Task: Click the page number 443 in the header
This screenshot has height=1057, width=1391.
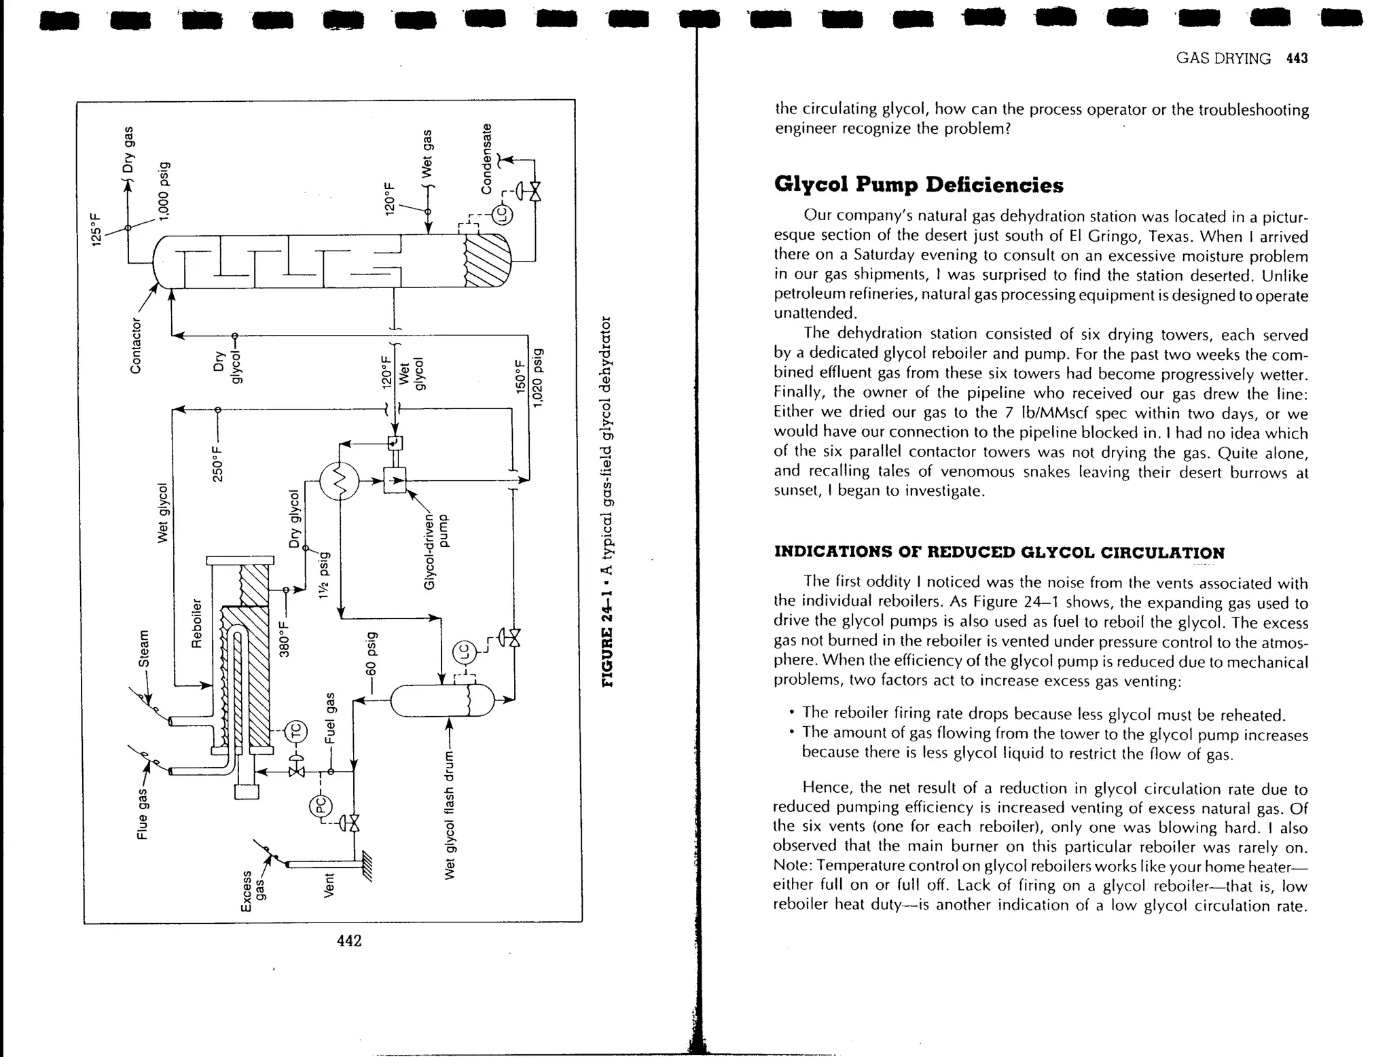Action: tap(1296, 58)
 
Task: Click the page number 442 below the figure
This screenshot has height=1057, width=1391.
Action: tap(349, 940)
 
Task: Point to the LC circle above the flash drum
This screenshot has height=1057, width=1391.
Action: tap(465, 653)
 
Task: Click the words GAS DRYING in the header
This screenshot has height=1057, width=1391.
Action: tap(1223, 58)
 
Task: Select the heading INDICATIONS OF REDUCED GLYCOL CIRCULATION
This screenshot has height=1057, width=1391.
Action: tap(999, 552)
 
